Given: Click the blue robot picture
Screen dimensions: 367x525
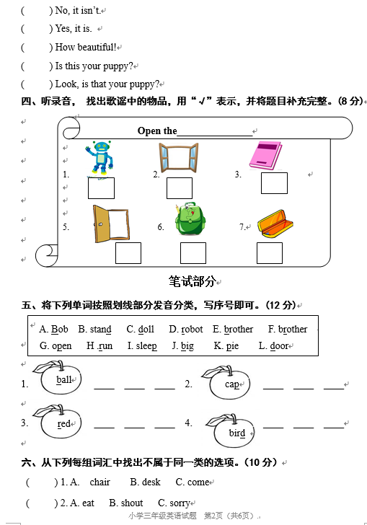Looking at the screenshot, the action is pos(100,158).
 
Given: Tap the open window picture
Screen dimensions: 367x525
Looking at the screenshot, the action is pos(179,157).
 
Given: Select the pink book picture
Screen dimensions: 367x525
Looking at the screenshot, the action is pos(265,156).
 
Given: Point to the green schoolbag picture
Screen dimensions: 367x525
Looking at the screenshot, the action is pos(190,219).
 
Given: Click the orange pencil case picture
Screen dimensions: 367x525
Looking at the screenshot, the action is pos(275,224).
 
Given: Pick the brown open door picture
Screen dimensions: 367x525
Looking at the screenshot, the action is pos(111,224).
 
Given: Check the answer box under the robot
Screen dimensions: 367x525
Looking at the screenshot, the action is pos(101,188).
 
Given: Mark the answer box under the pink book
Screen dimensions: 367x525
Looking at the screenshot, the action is pos(274,183).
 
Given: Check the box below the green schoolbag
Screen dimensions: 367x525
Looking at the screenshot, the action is pos(193,253).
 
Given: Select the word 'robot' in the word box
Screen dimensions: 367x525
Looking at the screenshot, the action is pos(192,330).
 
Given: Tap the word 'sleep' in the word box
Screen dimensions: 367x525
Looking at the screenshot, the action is pos(146,346).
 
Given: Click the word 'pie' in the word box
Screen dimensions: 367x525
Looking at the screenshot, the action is pos(232,346).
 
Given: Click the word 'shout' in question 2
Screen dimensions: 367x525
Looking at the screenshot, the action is pos(132,503).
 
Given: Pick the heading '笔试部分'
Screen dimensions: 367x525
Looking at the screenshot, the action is pos(192,281).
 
